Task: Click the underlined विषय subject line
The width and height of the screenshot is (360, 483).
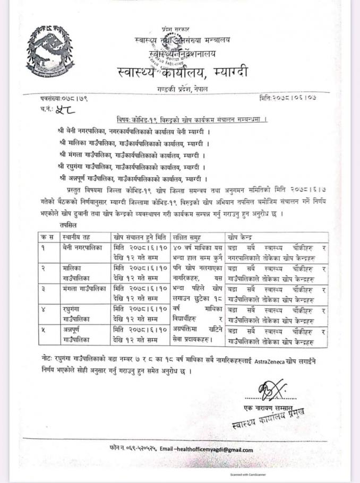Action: click(x=192, y=120)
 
